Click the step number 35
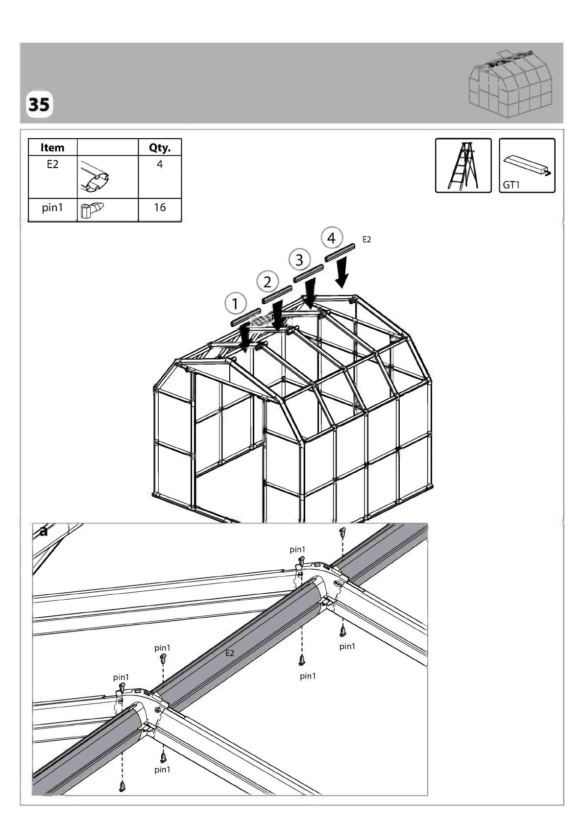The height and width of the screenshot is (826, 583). [x=39, y=105]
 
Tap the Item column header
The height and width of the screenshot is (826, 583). [x=52, y=147]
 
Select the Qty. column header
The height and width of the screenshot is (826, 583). [x=160, y=147]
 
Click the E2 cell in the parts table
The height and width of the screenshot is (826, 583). [x=52, y=164]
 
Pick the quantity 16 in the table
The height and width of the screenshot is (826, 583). [x=160, y=207]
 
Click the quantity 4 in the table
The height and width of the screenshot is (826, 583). [x=160, y=164]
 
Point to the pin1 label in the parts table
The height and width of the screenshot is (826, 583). [x=52, y=208]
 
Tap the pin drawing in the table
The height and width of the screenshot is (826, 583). [x=92, y=210]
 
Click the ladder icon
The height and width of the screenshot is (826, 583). [x=463, y=166]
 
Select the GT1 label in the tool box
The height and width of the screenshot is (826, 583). [x=511, y=185]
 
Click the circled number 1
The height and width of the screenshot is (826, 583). [x=235, y=303]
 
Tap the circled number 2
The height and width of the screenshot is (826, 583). [x=267, y=282]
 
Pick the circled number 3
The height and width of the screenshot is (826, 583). [x=299, y=260]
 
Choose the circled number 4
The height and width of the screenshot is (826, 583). [x=332, y=238]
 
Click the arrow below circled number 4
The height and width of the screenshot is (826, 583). [x=342, y=272]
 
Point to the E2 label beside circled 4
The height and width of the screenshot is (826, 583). [x=366, y=239]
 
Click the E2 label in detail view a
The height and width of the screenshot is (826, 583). [x=229, y=653]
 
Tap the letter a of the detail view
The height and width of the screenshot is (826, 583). [x=44, y=532]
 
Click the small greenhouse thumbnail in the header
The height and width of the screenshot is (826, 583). [x=510, y=84]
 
